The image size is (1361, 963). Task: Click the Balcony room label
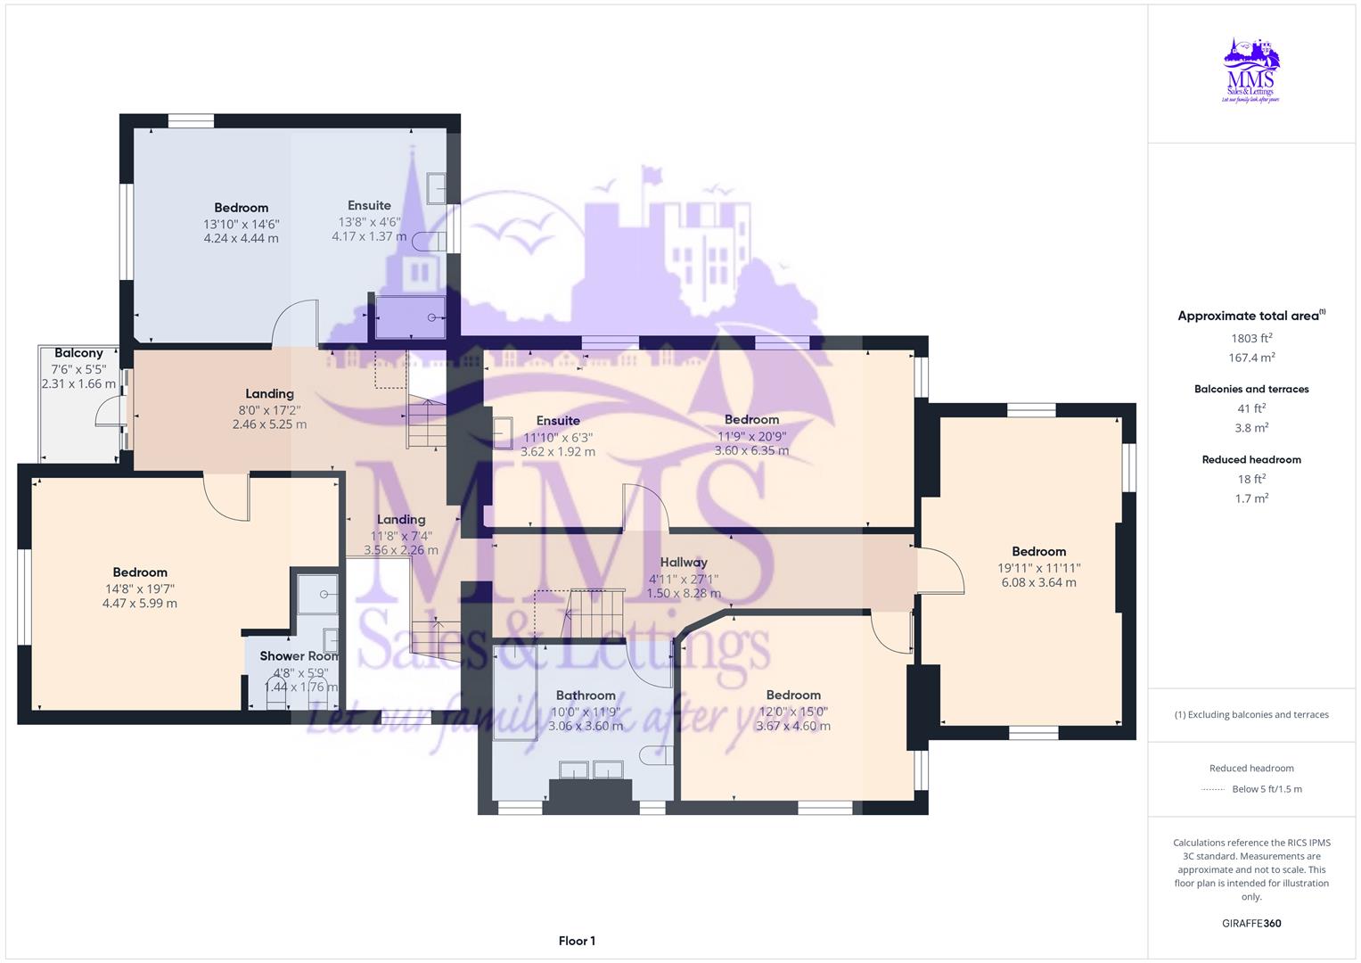pos(78,353)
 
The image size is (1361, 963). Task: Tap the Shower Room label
pos(299,655)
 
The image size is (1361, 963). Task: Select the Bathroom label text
pos(586,695)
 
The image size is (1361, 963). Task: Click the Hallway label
pos(684,562)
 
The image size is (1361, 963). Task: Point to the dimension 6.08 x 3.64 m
pos(1038,582)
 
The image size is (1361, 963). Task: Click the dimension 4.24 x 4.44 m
pos(241,238)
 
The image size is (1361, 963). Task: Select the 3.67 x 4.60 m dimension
pos(793,726)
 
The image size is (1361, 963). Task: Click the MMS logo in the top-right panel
pos(1251,70)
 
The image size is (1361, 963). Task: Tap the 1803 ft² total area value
pos(1251,338)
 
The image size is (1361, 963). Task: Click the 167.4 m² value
pos(1251,358)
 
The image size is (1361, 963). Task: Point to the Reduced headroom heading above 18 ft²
pos(1251,459)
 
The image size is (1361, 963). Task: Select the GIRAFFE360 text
pos(1251,923)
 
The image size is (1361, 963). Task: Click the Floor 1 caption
pos(577,941)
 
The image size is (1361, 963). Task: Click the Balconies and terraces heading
pos(1251,389)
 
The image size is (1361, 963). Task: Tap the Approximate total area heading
pos(1248,316)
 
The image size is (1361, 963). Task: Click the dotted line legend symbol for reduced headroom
pos(1213,789)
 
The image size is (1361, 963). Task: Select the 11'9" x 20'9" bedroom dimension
pos(751,436)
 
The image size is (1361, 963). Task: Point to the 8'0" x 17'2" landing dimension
pos(269,409)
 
